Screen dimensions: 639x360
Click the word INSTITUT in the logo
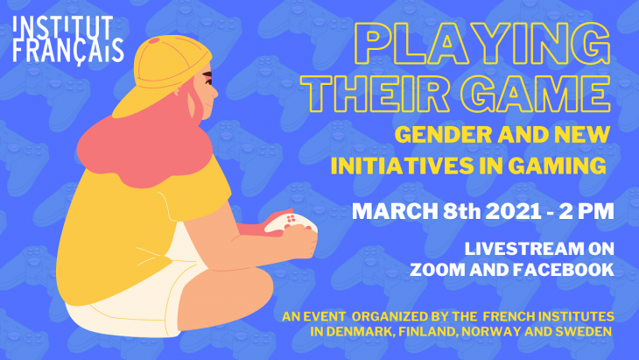point(63,28)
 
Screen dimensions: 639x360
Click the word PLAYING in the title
point(482,44)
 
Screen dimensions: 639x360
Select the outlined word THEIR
point(375,94)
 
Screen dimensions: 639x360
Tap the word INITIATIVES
point(402,166)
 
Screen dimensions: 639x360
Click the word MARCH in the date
point(395,211)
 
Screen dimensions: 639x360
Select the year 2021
point(514,211)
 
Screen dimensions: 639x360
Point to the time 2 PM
point(586,211)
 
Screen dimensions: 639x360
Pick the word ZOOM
point(438,270)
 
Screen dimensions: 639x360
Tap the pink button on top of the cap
point(154,40)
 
